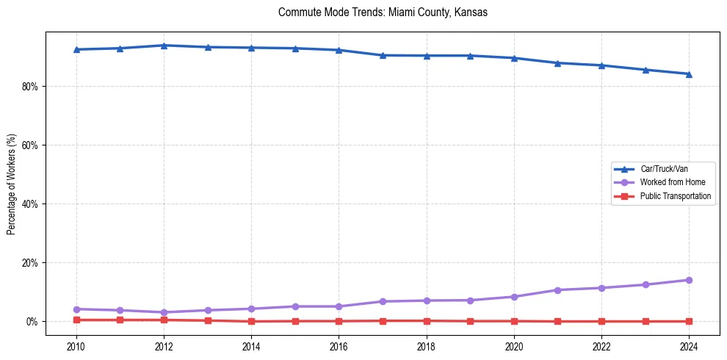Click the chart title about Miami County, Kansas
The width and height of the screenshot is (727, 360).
383,12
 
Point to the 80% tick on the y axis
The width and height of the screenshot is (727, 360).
30,87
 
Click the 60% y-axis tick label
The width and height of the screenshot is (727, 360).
30,145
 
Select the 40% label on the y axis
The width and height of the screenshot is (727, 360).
30,204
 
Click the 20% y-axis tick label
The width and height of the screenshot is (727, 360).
30,263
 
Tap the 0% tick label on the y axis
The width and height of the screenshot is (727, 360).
32,322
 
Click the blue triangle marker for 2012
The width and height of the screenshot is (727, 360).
164,46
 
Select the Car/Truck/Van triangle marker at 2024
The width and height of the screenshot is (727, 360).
689,73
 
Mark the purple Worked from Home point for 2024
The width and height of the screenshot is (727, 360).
689,280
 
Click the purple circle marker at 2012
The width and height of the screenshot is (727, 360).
164,312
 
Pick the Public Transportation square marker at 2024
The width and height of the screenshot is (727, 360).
689,321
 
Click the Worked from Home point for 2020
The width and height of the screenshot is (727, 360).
514,297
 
